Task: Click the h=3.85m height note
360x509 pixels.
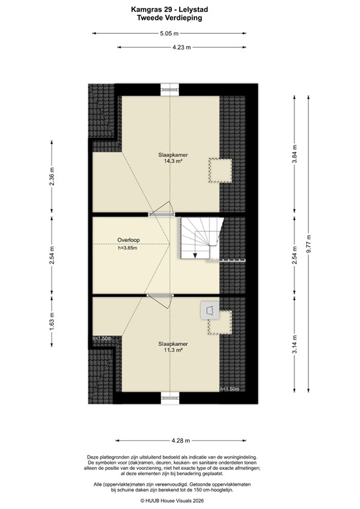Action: [128, 249]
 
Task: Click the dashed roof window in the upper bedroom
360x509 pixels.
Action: [219, 170]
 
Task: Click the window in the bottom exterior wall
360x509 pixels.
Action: [170, 400]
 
